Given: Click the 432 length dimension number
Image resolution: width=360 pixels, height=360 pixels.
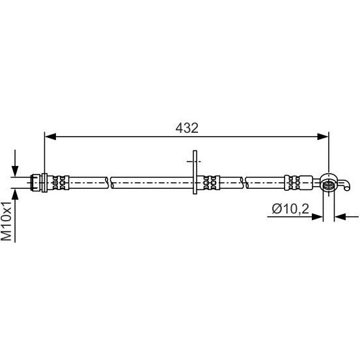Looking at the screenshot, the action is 187,128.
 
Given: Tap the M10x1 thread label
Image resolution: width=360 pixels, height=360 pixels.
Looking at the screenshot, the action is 7,221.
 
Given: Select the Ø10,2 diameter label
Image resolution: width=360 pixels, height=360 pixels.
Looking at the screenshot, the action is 290,209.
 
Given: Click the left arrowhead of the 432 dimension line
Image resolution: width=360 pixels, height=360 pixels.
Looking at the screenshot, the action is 51,136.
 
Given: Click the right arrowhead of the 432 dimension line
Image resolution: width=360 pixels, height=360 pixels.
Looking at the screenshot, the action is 322,136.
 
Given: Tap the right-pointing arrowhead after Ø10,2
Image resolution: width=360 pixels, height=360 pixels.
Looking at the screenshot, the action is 317,217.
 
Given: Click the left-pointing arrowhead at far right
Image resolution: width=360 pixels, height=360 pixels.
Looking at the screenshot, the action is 340,217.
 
